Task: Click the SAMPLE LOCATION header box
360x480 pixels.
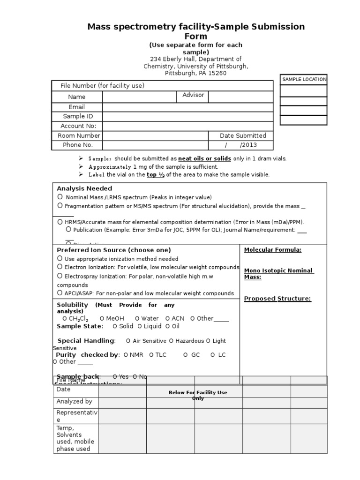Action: coord(303,79)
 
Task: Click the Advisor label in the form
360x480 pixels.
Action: coord(193,95)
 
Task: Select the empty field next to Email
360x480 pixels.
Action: coord(187,107)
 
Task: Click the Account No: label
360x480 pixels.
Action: coord(78,126)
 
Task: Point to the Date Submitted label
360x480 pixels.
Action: coord(243,135)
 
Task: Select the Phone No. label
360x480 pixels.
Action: coord(78,145)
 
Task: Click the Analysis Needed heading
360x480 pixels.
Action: coord(84,188)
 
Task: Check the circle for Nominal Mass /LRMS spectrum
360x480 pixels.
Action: coord(60,197)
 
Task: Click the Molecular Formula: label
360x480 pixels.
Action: coord(272,250)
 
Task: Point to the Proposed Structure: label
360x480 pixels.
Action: coord(277,299)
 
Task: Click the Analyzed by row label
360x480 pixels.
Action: coord(74,401)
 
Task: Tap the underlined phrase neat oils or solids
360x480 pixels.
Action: coord(204,158)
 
